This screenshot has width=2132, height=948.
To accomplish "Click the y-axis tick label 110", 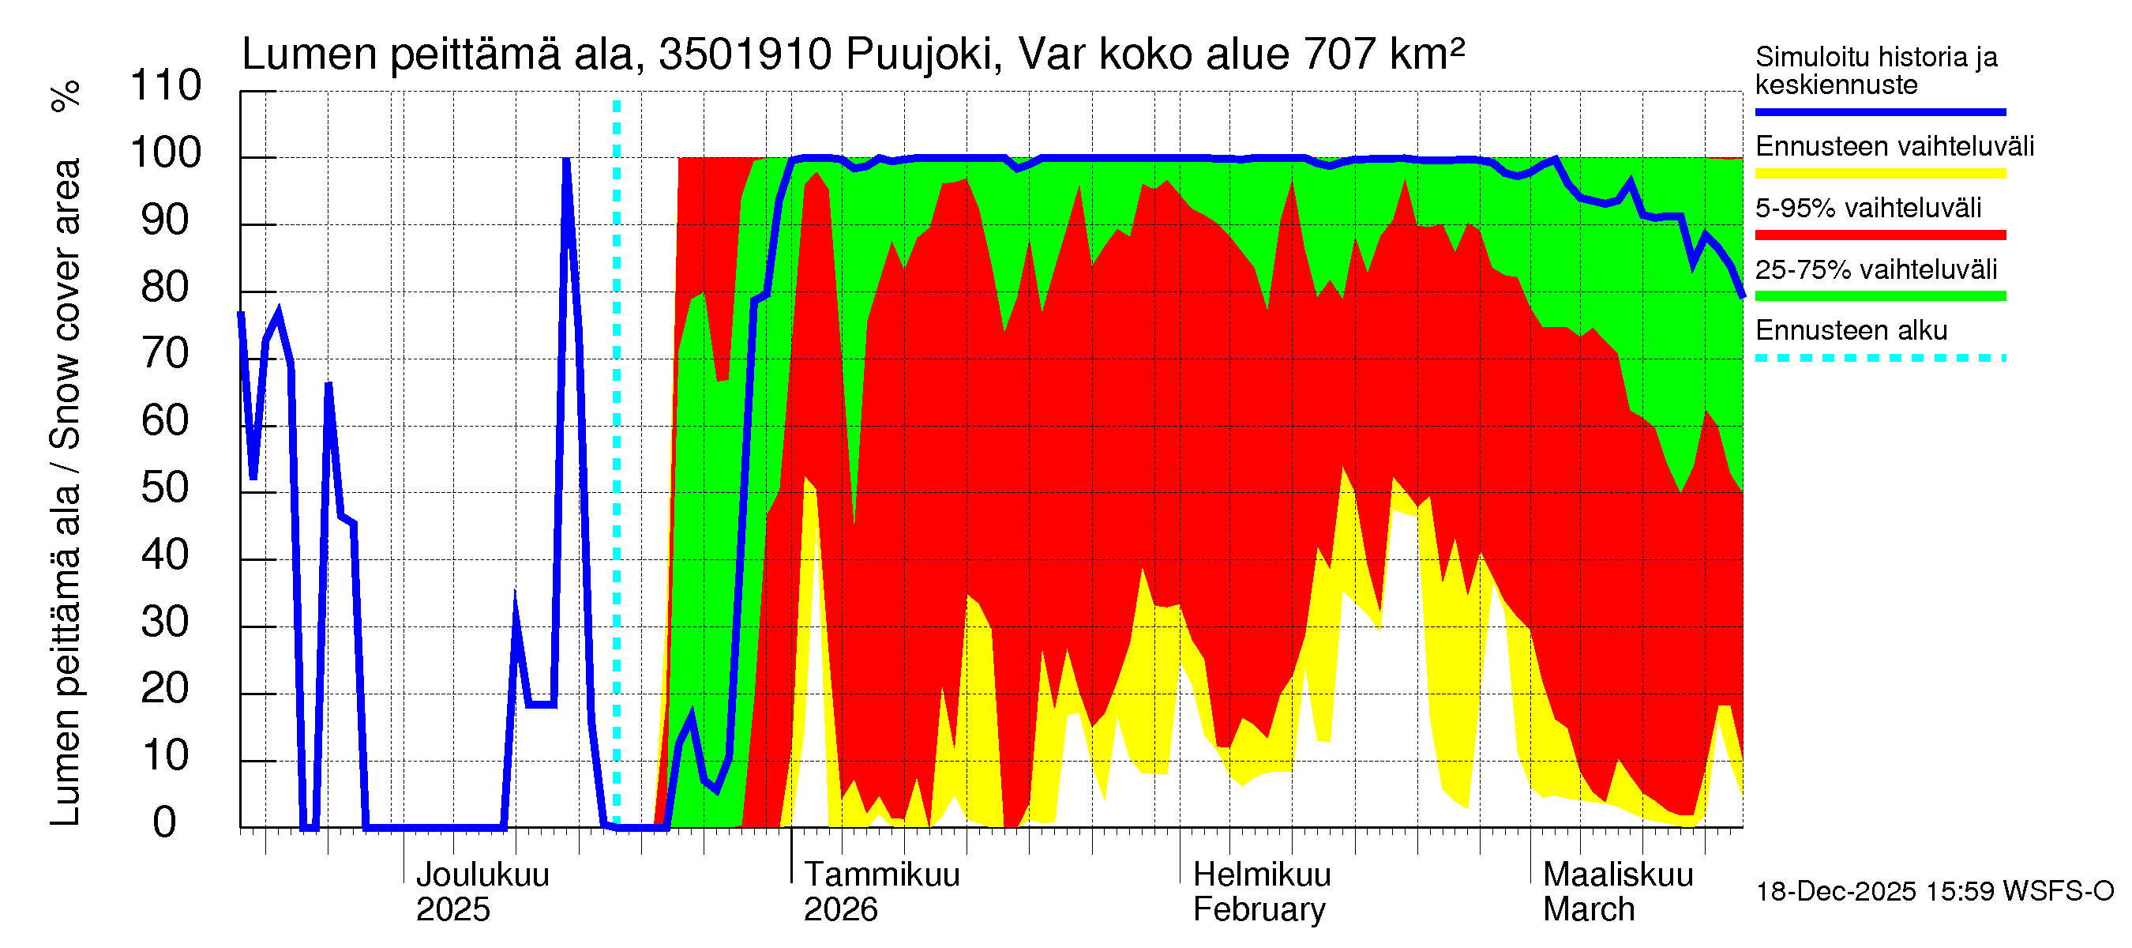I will point(166,86).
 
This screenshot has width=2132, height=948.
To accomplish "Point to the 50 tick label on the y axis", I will point(166,488).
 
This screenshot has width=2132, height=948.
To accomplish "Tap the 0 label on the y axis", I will point(165,823).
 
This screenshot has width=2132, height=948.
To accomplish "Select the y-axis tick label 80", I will point(166,288).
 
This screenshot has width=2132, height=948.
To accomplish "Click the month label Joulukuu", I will point(482,875).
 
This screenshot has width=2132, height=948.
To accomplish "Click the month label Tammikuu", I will point(881,875).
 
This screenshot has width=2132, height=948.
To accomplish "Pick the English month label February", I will point(1259,910).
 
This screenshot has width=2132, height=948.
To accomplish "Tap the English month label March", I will point(1588,910).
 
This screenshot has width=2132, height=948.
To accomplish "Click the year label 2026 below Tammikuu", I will point(840,910).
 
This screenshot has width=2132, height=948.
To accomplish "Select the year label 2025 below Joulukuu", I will point(452,910).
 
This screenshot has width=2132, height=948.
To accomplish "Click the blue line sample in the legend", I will point(1879,111).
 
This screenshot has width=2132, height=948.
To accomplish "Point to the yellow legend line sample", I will point(1879,174).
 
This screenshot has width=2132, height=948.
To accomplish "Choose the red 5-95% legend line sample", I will point(1879,235).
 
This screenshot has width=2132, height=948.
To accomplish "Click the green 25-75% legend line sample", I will point(1879,296).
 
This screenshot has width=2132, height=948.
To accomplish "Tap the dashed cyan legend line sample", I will point(1879,359).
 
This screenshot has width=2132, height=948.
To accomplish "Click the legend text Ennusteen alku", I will point(1852,330).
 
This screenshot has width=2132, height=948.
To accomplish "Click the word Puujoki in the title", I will point(918,55).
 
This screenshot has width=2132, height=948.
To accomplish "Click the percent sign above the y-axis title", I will point(66,96).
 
